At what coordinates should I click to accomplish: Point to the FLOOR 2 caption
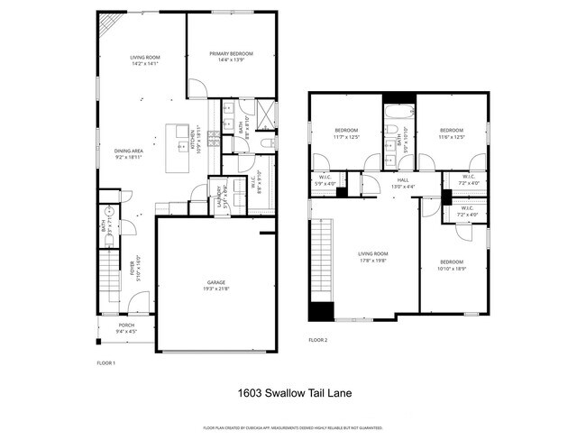[x=317, y=340]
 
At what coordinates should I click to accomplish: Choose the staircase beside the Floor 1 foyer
[x=106, y=280]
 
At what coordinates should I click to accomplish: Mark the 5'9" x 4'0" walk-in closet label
[x=326, y=180]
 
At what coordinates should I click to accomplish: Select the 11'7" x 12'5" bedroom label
[x=346, y=134]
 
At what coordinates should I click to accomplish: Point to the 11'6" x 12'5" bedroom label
[x=452, y=134]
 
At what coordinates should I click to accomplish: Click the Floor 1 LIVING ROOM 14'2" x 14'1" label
[x=144, y=60]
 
